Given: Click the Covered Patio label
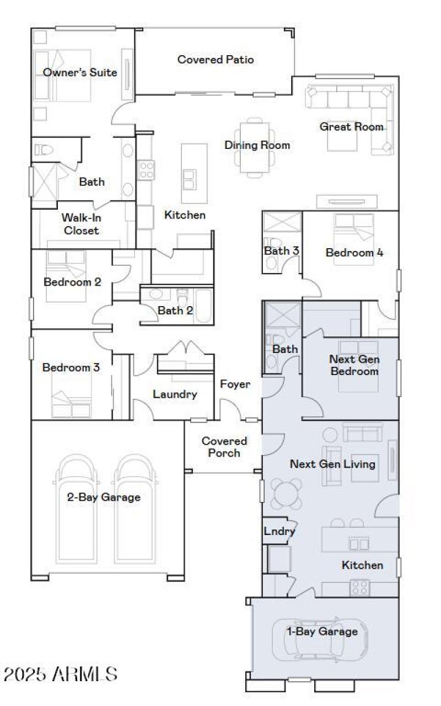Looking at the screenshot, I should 216,60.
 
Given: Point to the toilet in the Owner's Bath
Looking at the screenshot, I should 43,149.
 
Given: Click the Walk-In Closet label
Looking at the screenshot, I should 81,224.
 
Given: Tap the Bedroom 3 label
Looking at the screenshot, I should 71,367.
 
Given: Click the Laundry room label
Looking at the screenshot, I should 175,394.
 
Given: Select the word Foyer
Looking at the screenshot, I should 235,384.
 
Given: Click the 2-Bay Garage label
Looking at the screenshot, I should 104,497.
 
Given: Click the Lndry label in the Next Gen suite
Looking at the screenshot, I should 279,532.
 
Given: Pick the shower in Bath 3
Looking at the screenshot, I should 282,222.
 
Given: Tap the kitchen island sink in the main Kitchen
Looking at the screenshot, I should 189,179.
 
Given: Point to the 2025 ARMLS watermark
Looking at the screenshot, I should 61,673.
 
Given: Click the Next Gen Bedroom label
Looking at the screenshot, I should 354,365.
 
